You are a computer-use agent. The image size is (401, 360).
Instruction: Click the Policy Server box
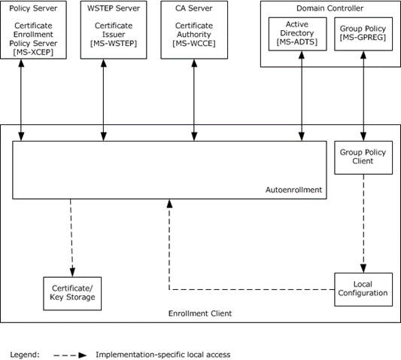pos(34,30)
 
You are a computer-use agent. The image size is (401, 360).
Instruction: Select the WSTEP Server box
pos(114,30)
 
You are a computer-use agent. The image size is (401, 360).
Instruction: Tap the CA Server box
pos(194,30)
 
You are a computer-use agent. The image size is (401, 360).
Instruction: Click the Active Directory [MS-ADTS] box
pos(297,34)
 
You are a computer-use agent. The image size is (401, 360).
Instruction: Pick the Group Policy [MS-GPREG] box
pos(363,34)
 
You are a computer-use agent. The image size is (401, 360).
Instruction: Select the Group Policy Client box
pos(363,157)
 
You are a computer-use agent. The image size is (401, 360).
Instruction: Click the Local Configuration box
pos(363,290)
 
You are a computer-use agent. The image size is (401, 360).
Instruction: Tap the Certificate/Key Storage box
pos(72,294)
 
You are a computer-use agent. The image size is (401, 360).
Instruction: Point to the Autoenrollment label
pos(293,190)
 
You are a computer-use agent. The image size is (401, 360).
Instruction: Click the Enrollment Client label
pos(200,313)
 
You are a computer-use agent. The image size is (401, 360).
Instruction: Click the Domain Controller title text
pos(330,8)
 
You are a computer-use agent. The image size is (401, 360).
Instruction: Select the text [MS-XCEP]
pos(33,52)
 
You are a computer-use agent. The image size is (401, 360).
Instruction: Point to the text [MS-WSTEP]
pos(114,43)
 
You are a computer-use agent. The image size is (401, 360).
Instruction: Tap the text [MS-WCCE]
pos(194,43)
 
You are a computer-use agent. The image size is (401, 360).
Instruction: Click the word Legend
pos(25,355)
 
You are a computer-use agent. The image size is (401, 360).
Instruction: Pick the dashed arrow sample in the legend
pos(70,355)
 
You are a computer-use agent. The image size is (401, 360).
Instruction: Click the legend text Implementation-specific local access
pos(163,355)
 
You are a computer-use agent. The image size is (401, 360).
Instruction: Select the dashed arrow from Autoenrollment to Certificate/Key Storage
pos(71,238)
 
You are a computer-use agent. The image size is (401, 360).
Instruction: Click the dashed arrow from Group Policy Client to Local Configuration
pos(363,224)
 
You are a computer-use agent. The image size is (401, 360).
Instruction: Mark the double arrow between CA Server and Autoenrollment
pos(194,100)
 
